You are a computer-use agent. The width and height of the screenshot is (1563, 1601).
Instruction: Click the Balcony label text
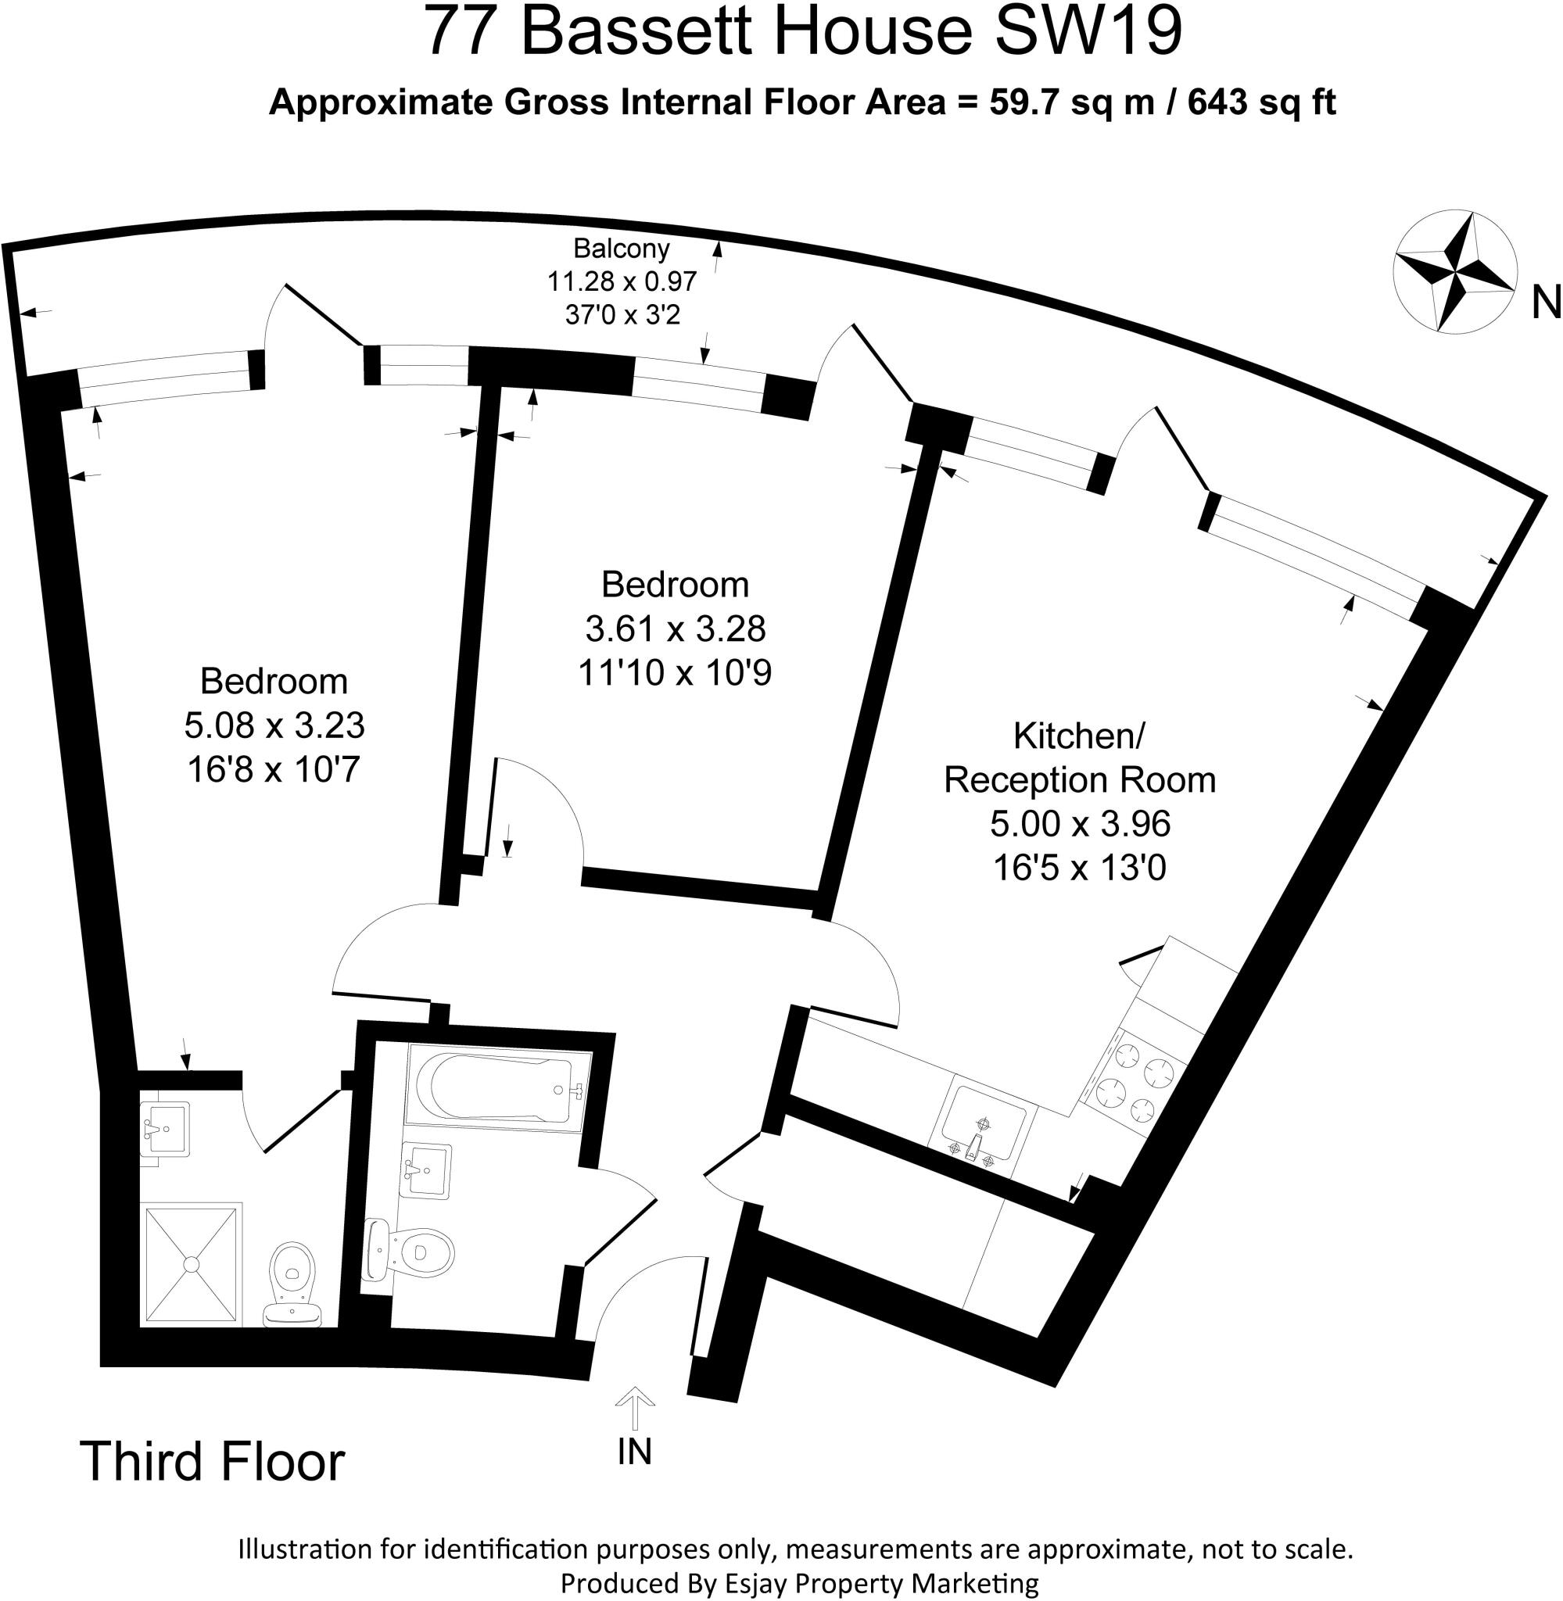(x=622, y=248)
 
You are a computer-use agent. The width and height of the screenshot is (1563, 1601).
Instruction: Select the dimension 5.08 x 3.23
(x=274, y=725)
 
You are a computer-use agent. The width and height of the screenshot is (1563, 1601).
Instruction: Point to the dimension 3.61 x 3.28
(x=675, y=629)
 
